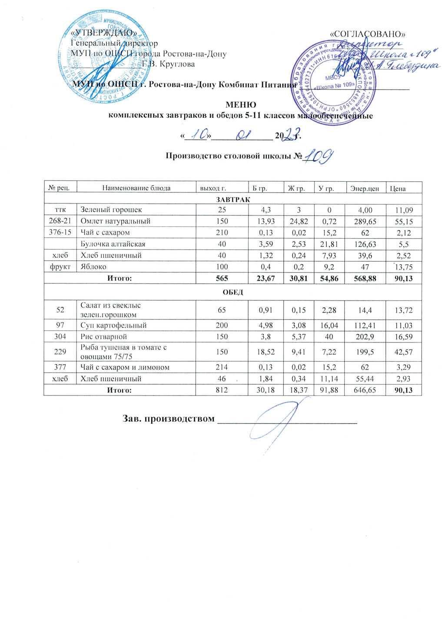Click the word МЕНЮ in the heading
241,105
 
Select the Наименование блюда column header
136,188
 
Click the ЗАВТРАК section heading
233,199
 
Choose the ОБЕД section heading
233,292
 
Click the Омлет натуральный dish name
116,221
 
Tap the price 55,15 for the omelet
404,222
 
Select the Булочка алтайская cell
113,244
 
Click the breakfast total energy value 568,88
365,279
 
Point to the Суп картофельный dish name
114,326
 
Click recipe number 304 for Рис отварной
60,337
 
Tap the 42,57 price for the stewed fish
404,352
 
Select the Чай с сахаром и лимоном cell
125,368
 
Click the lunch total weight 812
222,390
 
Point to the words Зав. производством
169,419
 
